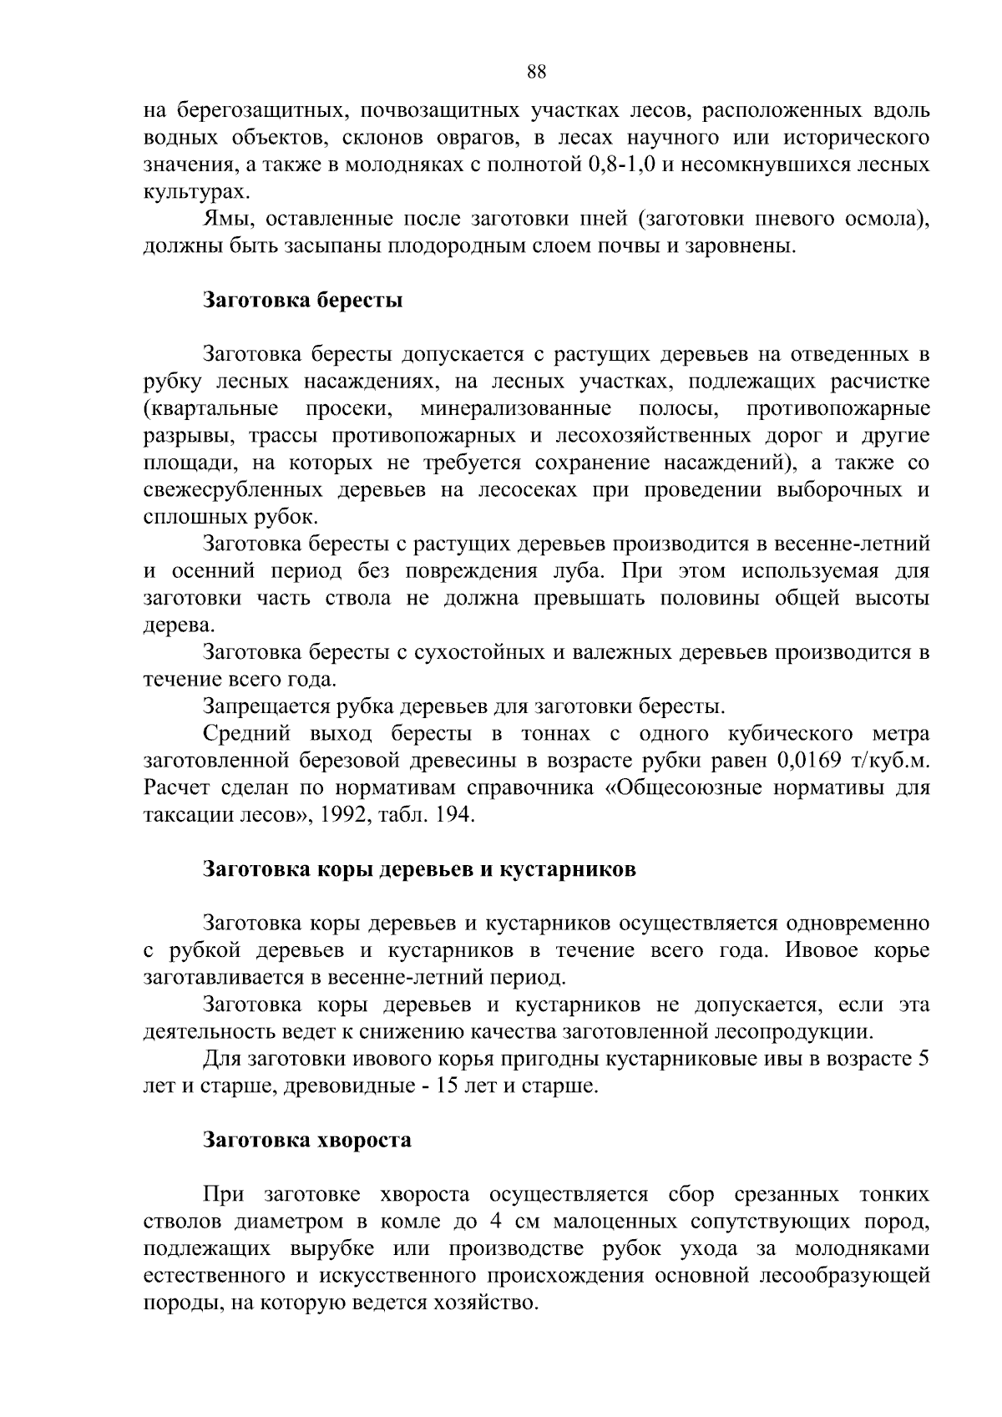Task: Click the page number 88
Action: [x=537, y=72]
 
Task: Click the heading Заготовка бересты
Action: [x=303, y=300]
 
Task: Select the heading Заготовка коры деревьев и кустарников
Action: [x=420, y=868]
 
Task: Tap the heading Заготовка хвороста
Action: [x=307, y=1140]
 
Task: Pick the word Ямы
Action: [x=224, y=219]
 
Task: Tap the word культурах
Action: [x=195, y=192]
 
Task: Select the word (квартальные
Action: [x=211, y=409]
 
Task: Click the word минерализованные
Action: [x=515, y=409]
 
